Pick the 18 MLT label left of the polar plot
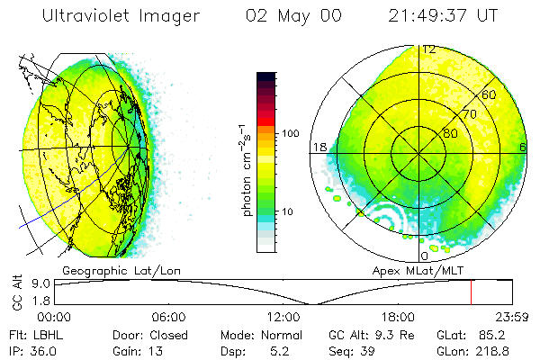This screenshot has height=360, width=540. [x=319, y=147]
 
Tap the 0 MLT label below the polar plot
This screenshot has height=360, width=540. [x=426, y=256]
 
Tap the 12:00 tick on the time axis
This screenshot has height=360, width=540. [x=283, y=316]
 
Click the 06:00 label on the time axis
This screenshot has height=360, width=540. [x=169, y=316]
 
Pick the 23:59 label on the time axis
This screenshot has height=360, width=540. [x=512, y=316]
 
